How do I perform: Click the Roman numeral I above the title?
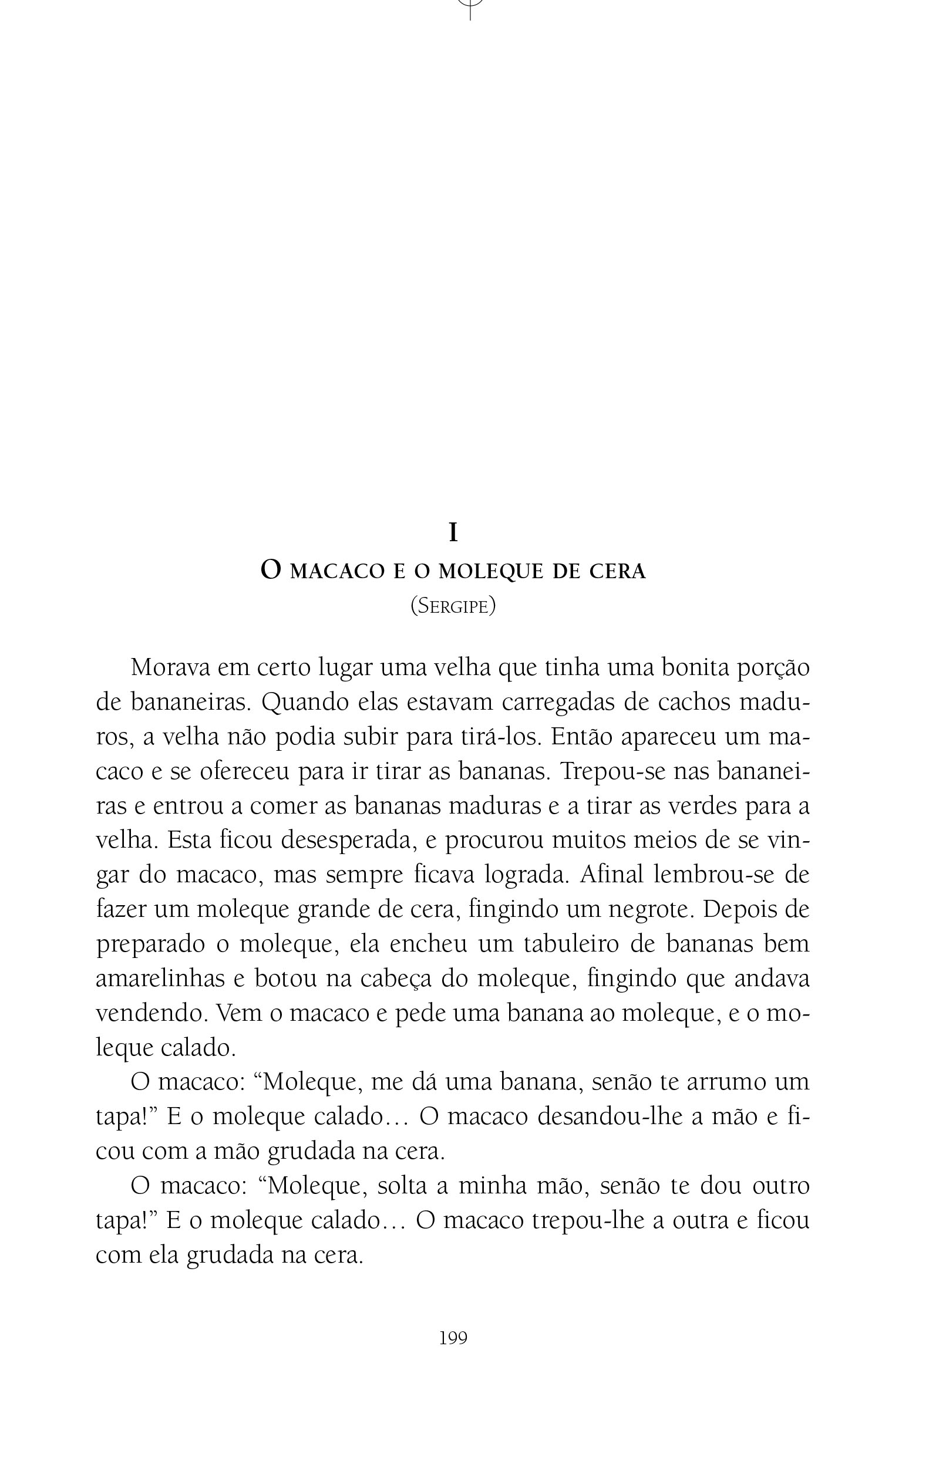[453, 532]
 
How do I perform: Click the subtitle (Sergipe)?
[453, 606]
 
